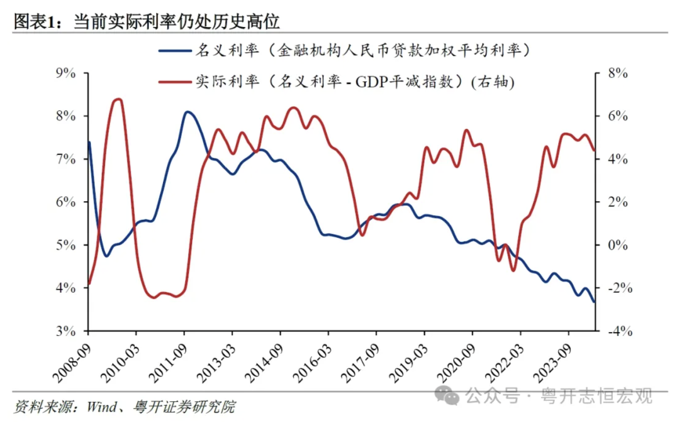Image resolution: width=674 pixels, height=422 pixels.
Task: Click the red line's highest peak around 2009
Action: (x=117, y=99)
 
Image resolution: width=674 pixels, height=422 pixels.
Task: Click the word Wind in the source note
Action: (x=101, y=407)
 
